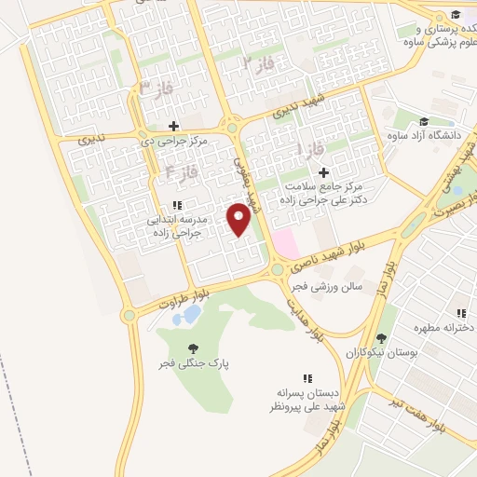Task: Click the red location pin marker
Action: pyautogui.click(x=240, y=220)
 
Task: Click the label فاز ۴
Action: pyautogui.click(x=183, y=171)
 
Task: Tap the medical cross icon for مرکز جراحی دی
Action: pyautogui.click(x=173, y=125)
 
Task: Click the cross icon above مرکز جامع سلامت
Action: pyautogui.click(x=323, y=172)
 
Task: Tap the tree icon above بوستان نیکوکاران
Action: pyautogui.click(x=380, y=337)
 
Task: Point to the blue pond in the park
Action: pyautogui.click(x=190, y=315)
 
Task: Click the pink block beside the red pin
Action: pyautogui.click(x=284, y=244)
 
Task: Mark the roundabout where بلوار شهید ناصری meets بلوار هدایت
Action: pyautogui.click(x=277, y=269)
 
